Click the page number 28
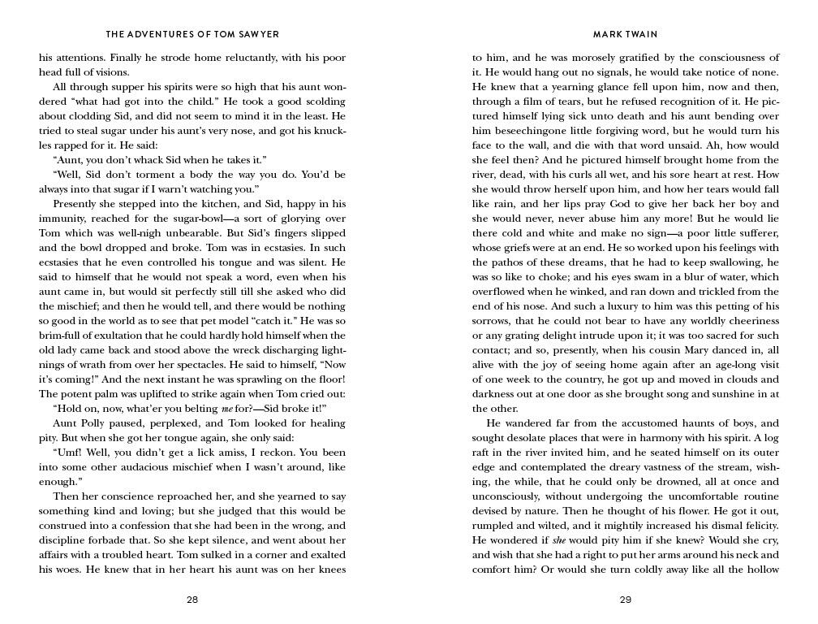(x=192, y=600)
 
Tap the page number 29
(x=626, y=600)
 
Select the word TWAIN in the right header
(x=642, y=35)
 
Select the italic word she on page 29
(x=560, y=540)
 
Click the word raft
(x=483, y=453)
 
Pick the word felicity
(x=760, y=526)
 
